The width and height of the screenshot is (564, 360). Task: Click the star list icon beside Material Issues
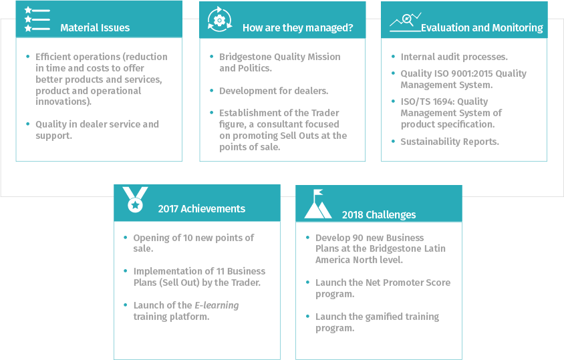tap(37, 20)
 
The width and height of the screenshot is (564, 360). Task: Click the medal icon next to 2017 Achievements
tap(135, 200)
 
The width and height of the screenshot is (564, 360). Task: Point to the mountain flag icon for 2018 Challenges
tap(317, 204)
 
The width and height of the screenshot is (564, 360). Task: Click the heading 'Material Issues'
tap(95, 28)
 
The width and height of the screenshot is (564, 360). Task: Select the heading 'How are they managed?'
tap(297, 28)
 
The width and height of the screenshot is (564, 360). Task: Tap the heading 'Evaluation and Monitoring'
tap(482, 28)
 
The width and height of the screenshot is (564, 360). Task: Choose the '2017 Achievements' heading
tap(201, 208)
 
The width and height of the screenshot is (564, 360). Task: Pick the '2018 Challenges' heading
tap(378, 214)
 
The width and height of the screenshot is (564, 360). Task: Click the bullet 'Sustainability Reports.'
tap(450, 142)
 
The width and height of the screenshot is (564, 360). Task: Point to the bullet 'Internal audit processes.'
tap(454, 57)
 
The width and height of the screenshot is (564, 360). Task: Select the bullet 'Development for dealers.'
tap(274, 91)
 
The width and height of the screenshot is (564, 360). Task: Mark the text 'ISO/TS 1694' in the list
tap(426, 102)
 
